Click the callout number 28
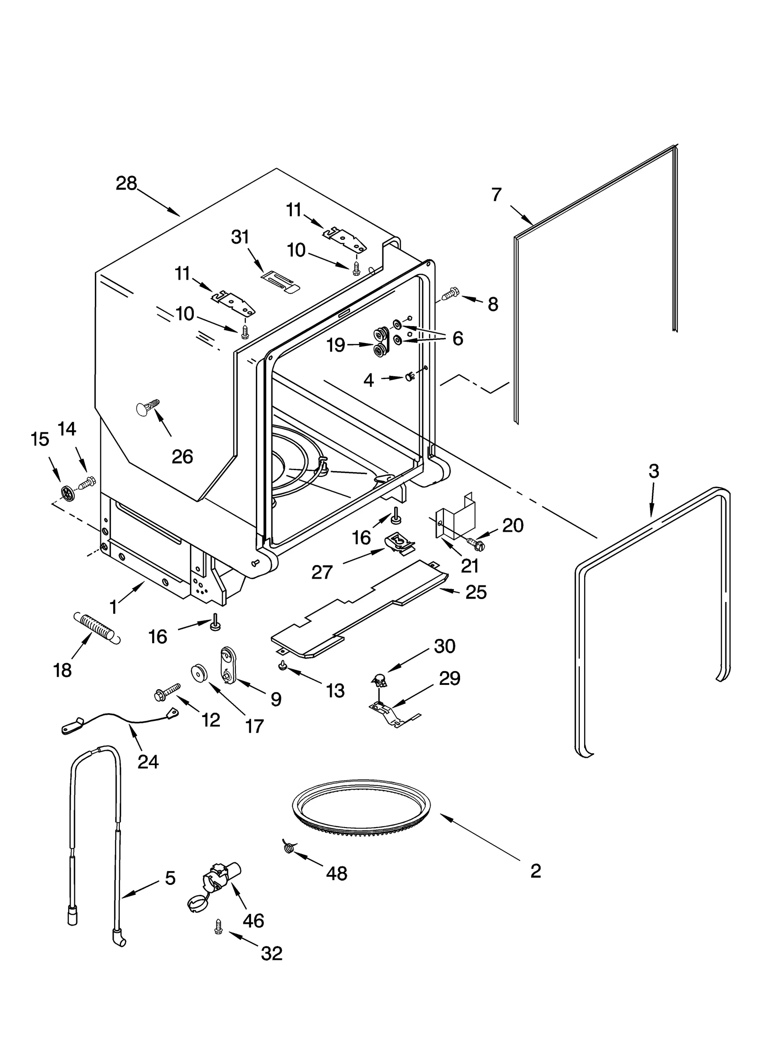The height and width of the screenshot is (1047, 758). click(126, 183)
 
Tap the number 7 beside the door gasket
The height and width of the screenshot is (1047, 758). click(496, 195)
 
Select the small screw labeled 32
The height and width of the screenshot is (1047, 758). click(218, 927)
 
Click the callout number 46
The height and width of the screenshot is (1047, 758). click(253, 920)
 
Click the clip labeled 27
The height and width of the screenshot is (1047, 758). click(400, 542)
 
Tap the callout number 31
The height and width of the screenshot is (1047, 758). click(240, 237)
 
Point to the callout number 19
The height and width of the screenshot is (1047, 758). click(335, 346)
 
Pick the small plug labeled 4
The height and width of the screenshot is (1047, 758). click(409, 377)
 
